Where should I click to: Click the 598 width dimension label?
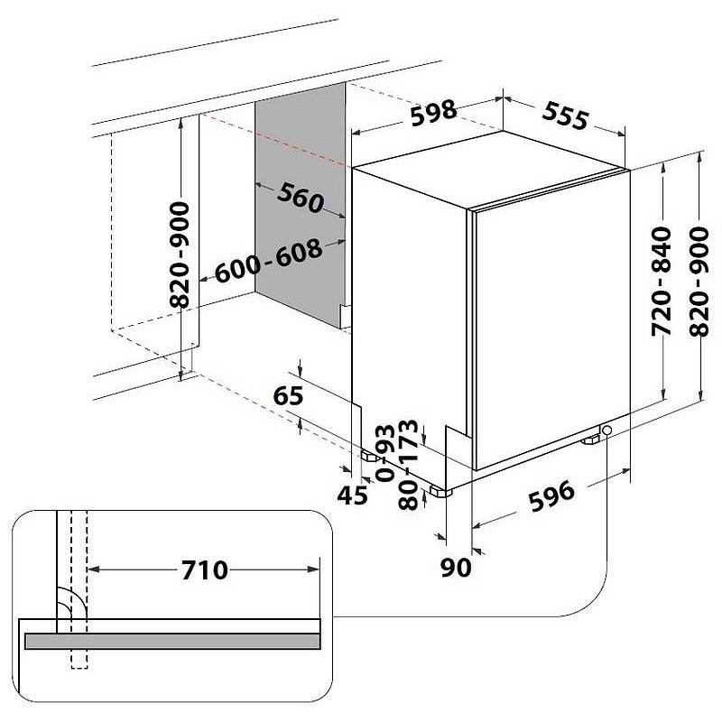pos(433,113)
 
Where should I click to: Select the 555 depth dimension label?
pos(565,116)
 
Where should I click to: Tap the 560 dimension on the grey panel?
pos(301,198)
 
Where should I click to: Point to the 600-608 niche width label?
pos(268,260)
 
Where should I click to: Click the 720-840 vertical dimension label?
pos(662,281)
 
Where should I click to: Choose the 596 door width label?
pos(551,495)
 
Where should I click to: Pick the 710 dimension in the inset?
pos(205,570)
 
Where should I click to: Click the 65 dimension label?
pos(288,395)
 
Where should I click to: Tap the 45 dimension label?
pos(353,495)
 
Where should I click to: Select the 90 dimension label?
pos(456,568)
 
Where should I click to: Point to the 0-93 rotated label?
pos(385,453)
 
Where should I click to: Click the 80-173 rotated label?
pos(408,464)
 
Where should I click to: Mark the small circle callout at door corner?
pos(606,430)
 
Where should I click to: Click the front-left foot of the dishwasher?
pos(440,491)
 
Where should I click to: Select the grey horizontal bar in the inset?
pos(172,641)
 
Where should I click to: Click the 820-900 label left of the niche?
pos(179,255)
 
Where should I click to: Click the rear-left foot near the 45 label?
pos(370,457)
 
